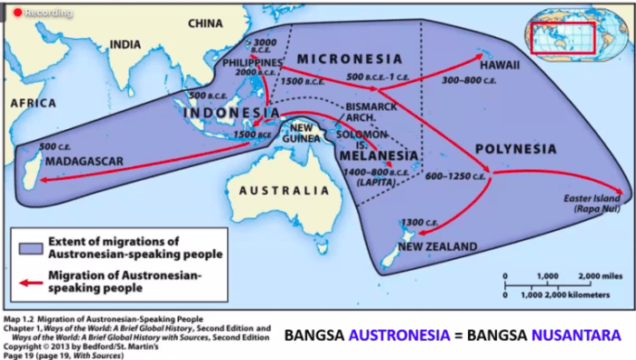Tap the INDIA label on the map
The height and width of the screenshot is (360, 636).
(x=125, y=44)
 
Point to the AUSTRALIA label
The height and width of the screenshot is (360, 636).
(x=278, y=192)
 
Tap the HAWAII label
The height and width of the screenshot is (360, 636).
(x=501, y=65)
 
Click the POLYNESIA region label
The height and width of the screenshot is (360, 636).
(x=515, y=147)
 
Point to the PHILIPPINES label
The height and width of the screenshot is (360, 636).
(x=253, y=60)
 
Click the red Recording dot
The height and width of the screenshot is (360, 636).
(x=15, y=12)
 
